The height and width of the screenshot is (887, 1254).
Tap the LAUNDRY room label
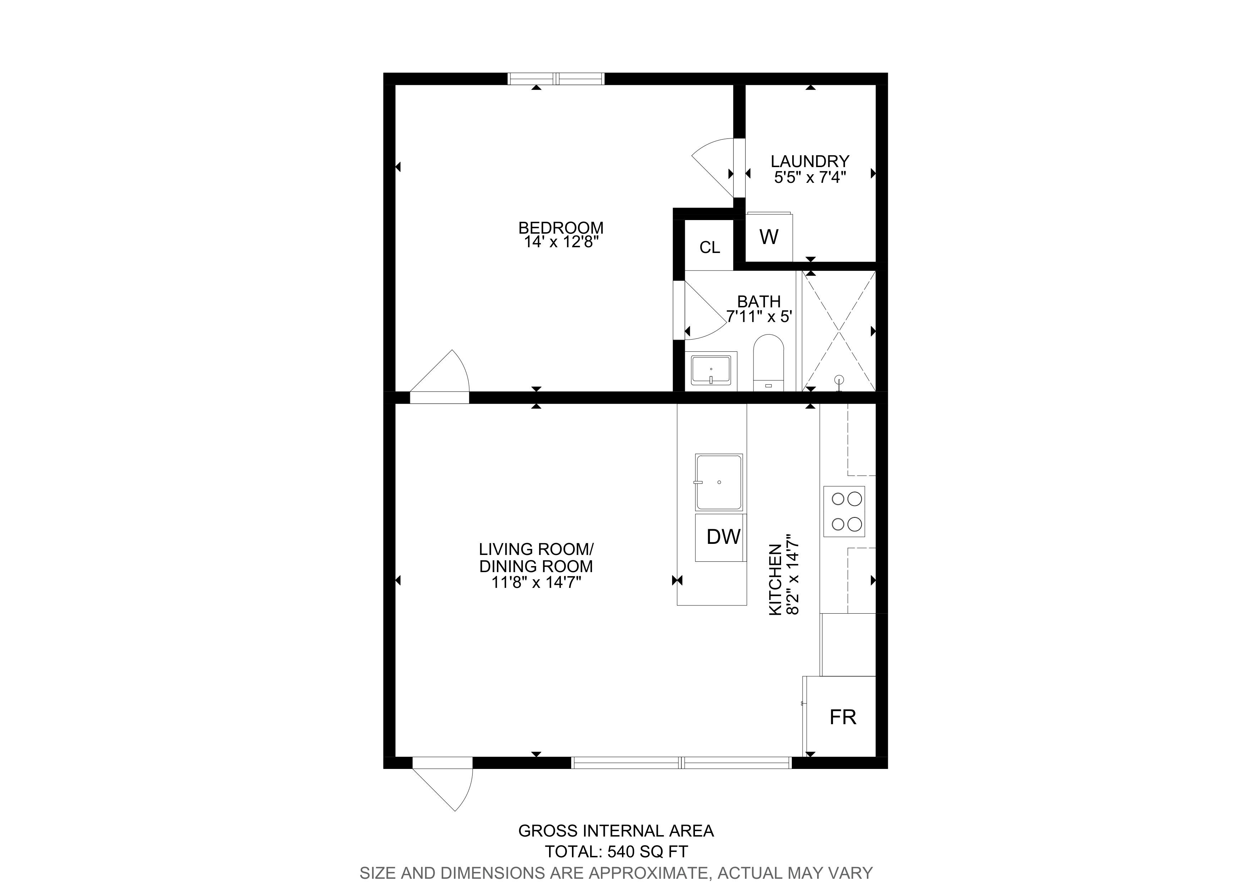tap(810, 161)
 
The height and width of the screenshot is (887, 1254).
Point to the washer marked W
tap(769, 237)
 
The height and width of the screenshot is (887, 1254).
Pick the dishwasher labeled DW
tap(720, 537)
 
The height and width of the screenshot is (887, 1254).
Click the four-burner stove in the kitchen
tap(844, 512)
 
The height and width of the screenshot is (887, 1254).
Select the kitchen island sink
tap(719, 482)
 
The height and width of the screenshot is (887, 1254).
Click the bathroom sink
tap(711, 371)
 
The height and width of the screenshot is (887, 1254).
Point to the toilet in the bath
tap(769, 362)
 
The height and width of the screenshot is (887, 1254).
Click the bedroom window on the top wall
tap(556, 79)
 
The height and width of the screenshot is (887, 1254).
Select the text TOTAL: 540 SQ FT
tap(616, 852)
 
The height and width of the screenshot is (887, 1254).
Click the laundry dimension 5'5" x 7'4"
tap(810, 177)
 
